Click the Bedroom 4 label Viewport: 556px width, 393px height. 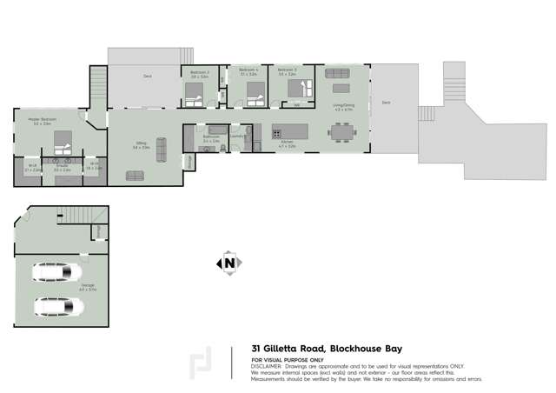tap(248, 70)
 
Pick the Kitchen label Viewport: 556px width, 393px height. tap(287, 146)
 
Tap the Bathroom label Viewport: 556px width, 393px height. tap(211, 137)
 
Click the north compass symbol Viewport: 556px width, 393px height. tap(228, 262)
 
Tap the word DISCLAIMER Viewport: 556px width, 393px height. tap(267, 366)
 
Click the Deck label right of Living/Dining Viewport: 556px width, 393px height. tap(385, 103)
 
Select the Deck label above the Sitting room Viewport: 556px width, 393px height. tap(148, 77)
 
